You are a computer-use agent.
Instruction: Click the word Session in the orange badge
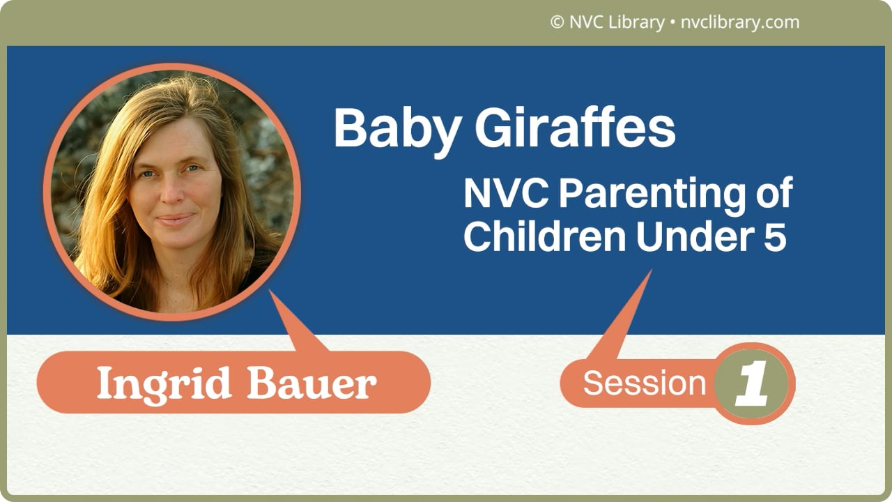tap(645, 383)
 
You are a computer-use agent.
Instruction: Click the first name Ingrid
tap(165, 383)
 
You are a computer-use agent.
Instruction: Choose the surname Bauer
tap(312, 383)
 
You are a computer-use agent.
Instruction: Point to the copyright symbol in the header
tap(557, 22)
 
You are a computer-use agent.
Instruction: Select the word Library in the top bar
tap(636, 22)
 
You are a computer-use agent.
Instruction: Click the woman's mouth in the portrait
tap(175, 219)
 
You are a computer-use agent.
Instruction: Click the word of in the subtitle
tap(774, 195)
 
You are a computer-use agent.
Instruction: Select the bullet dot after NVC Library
tap(671, 23)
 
